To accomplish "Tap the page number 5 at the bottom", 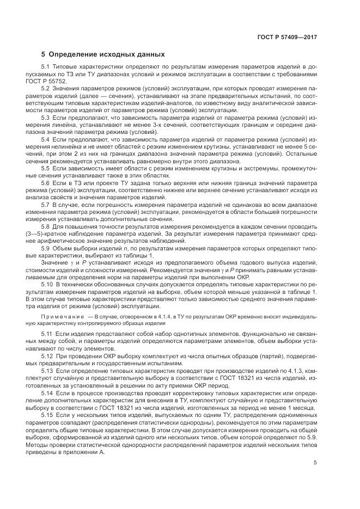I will click(x=315, y=463).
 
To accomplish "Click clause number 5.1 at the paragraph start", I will click(x=46, y=66).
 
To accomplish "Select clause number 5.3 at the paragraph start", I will click(x=46, y=117).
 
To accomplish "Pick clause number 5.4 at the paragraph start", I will click(x=46, y=139).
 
